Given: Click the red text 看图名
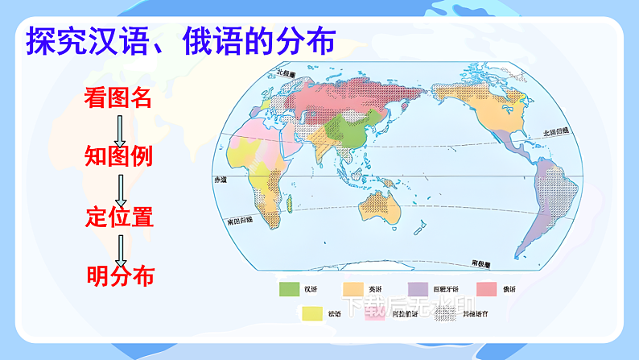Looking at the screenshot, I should [117, 98].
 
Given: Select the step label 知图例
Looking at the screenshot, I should [117, 155].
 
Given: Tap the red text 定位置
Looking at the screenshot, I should [118, 217].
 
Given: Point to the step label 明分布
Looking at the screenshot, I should [119, 276].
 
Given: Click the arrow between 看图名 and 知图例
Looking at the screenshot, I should [120, 127].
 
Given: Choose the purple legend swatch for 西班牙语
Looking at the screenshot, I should [418, 288].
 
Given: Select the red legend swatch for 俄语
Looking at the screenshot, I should [486, 288].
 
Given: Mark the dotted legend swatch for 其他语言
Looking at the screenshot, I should [443, 313].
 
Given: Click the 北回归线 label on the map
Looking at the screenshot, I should [555, 130].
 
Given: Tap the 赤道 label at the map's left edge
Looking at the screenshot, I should [218, 179].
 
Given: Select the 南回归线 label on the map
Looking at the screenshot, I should [239, 218].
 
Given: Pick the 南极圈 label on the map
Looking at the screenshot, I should [482, 263].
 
